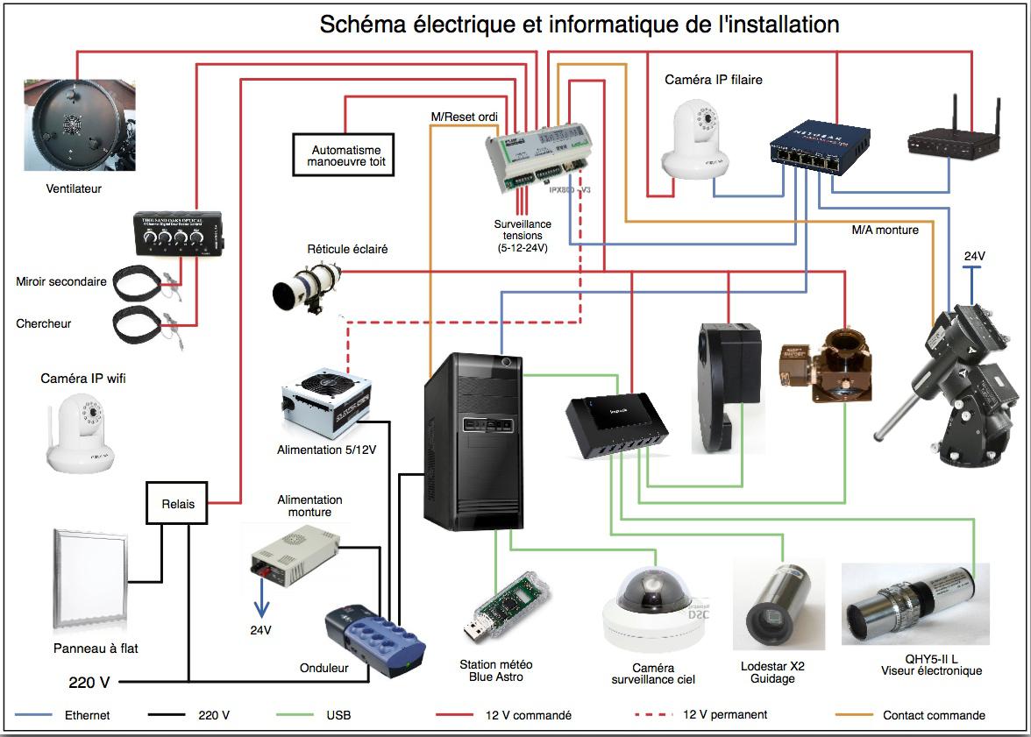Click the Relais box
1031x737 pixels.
point(177,504)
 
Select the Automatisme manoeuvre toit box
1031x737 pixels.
point(342,156)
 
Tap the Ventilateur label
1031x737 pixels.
point(74,188)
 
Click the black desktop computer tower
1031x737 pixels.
point(473,442)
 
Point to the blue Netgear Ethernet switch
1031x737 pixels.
point(820,145)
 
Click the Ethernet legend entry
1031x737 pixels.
point(88,715)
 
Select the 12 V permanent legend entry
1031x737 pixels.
point(725,715)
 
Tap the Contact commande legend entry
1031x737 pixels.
point(934,715)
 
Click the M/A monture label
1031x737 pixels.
point(885,230)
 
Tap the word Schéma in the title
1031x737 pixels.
point(359,24)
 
